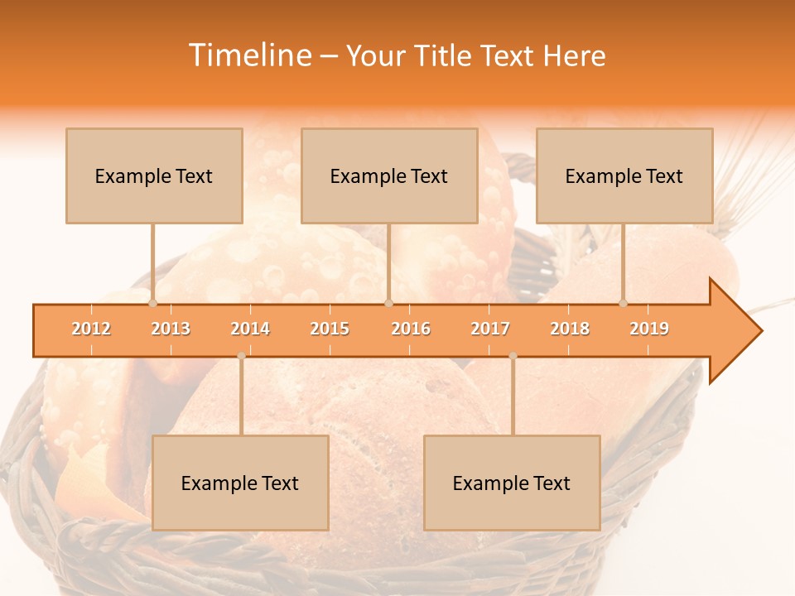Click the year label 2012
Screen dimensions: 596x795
click(x=91, y=329)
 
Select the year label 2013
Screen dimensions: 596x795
click(x=171, y=329)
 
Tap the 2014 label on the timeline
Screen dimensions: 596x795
click(x=250, y=329)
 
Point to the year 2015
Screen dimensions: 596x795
click(x=330, y=329)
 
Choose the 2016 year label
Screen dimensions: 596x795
click(x=411, y=329)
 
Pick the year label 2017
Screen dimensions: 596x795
click(x=490, y=329)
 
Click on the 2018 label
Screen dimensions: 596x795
click(x=570, y=329)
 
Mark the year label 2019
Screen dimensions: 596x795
click(x=649, y=329)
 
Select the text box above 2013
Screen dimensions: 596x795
click(x=154, y=175)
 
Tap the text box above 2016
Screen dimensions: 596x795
click(x=389, y=175)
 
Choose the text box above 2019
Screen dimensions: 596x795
click(x=624, y=175)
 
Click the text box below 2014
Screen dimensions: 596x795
click(x=240, y=483)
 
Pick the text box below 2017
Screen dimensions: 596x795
click(x=512, y=483)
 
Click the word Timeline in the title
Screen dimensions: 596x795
click(x=249, y=55)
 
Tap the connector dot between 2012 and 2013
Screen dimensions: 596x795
click(x=152, y=303)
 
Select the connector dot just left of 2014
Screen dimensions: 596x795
click(x=241, y=355)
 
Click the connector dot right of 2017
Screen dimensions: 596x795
click(x=513, y=355)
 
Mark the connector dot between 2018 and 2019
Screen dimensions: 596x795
click(x=623, y=303)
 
